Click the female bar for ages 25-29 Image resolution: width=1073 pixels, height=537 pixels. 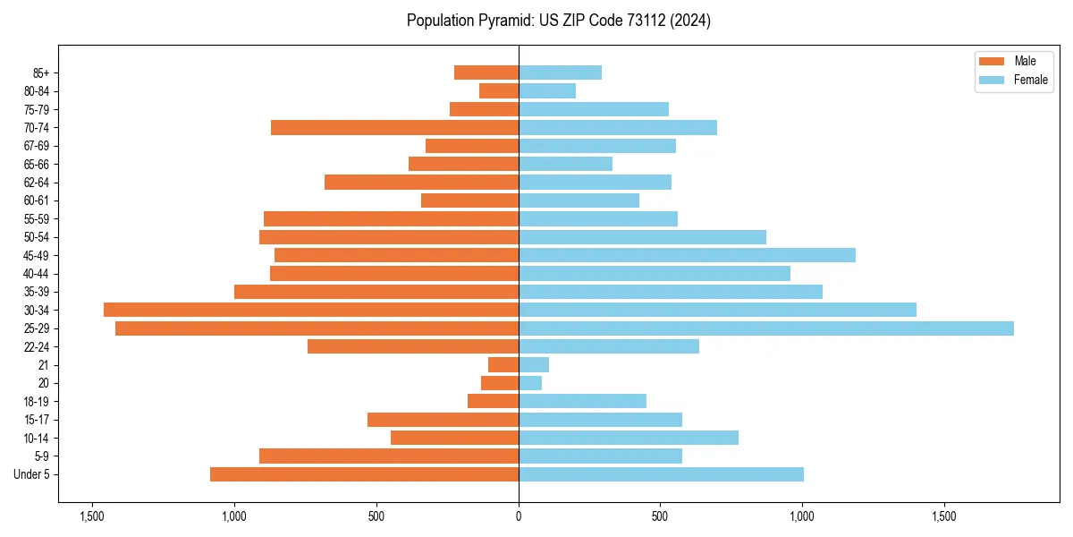pos(766,328)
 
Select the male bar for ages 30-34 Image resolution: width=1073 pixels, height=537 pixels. pos(311,310)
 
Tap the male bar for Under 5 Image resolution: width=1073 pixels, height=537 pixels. pos(364,474)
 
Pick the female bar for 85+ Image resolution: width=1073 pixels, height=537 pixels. pos(560,72)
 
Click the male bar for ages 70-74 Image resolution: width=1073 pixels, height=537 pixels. pos(394,127)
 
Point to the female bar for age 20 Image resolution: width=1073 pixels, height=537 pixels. pos(530,383)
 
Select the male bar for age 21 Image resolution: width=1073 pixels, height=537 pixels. pos(503,365)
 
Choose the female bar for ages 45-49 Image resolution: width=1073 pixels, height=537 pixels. pos(687,255)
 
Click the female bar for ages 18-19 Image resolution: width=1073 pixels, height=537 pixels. pos(582,401)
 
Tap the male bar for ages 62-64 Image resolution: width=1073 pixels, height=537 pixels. pos(421,183)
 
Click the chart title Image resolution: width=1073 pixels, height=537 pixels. pos(558,21)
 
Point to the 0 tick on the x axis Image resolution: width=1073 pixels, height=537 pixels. pos(519,516)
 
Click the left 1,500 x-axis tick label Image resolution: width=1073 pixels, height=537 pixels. pos(92,516)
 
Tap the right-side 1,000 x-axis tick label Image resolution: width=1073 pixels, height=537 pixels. pos(802,516)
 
